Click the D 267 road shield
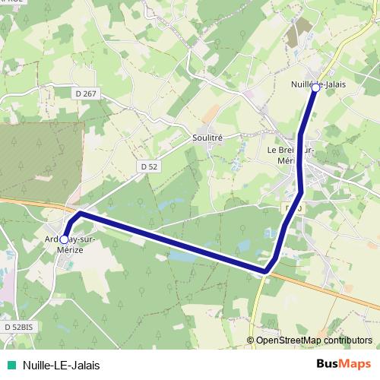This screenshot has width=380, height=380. click(x=87, y=93)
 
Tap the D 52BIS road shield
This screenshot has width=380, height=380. click(x=18, y=326)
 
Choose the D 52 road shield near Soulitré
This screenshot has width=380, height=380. click(x=148, y=165)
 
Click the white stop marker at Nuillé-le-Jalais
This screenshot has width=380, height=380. click(x=316, y=88)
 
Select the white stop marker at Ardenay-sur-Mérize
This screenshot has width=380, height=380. click(x=65, y=239)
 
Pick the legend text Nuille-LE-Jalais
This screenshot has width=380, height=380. click(x=62, y=365)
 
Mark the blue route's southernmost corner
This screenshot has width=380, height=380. click(x=266, y=270)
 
